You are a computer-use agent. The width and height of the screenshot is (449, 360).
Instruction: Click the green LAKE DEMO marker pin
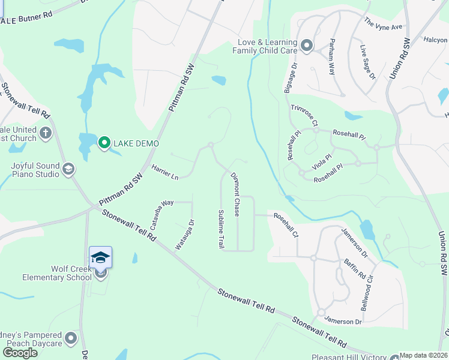104,143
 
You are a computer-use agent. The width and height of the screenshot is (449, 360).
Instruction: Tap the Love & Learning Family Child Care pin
307,46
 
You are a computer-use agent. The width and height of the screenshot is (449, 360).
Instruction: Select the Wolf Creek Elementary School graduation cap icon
100,258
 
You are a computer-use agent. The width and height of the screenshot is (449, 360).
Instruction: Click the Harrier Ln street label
164,173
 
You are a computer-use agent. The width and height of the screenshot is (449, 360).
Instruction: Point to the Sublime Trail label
221,230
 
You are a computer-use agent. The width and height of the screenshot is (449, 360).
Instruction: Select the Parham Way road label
331,56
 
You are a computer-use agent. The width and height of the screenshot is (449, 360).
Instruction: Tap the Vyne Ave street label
383,23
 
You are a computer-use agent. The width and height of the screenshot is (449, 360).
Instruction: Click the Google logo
20,352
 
